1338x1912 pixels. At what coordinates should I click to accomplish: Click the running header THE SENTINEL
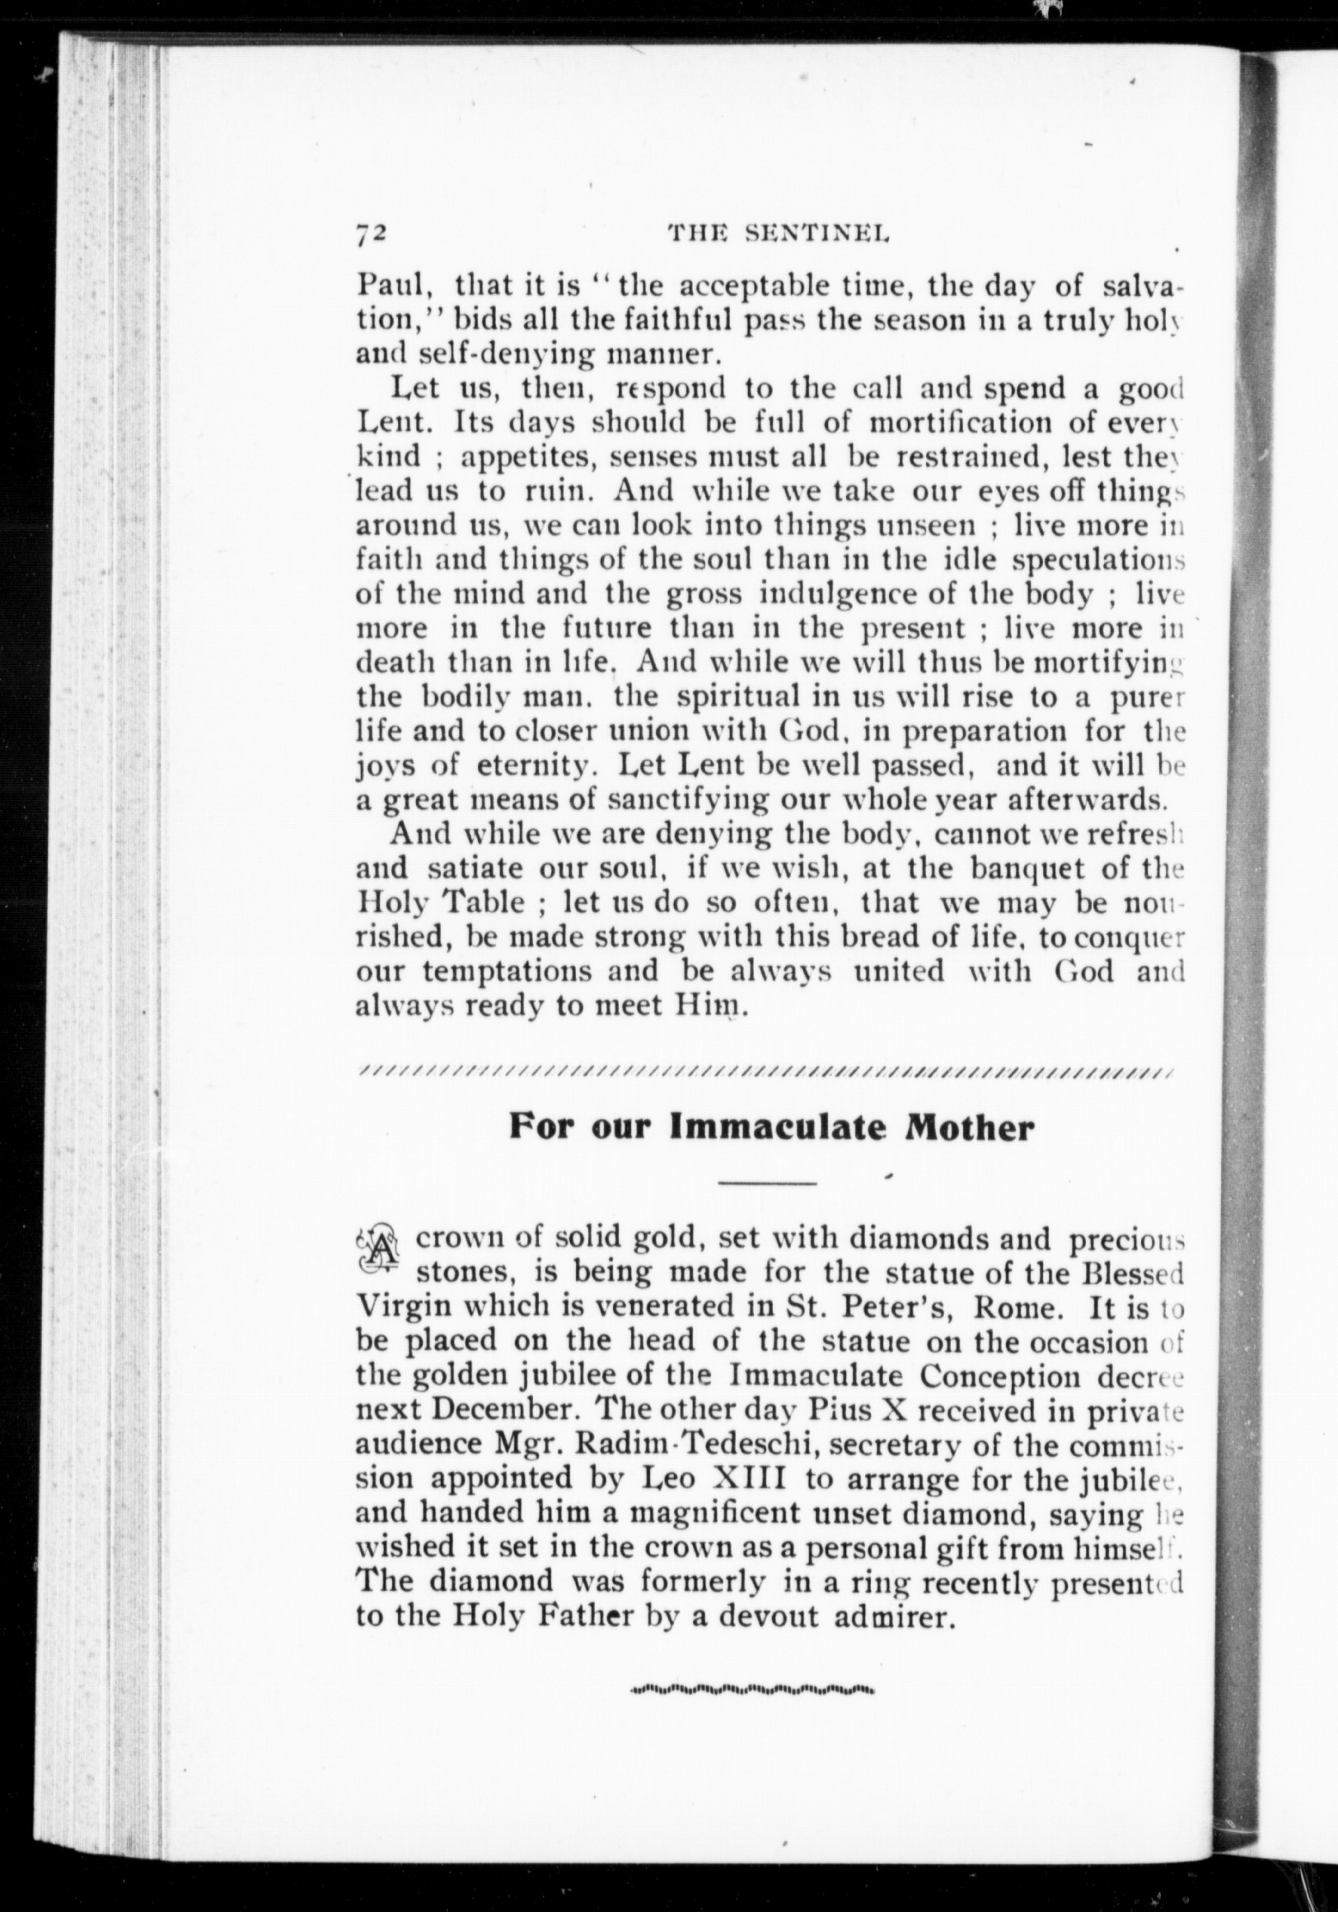[x=779, y=236]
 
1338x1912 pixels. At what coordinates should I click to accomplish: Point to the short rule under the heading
[x=767, y=1182]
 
